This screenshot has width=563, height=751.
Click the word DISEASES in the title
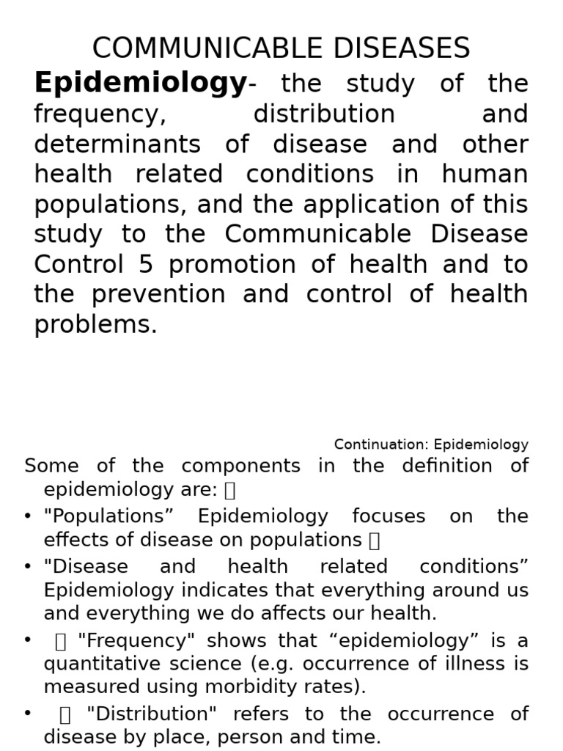click(x=399, y=49)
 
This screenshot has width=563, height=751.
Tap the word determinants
click(x=118, y=144)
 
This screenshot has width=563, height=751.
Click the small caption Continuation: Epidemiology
click(x=431, y=444)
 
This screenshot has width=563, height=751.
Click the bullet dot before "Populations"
click(x=27, y=516)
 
